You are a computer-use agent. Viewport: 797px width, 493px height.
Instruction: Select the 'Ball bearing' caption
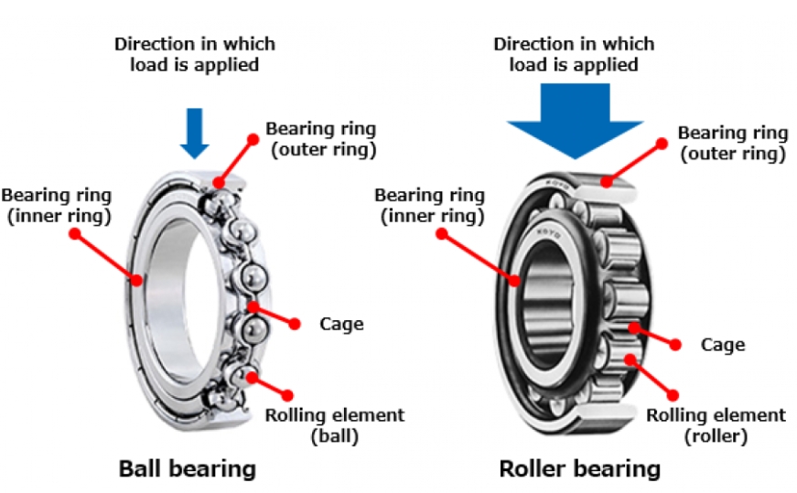click(187, 469)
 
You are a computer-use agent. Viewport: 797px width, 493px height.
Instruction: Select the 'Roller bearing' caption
click(579, 469)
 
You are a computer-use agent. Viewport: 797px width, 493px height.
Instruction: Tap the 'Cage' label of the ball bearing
click(341, 324)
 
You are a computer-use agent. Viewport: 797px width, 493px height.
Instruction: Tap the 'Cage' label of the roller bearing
click(722, 345)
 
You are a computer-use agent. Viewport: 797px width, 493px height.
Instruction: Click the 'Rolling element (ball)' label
click(334, 425)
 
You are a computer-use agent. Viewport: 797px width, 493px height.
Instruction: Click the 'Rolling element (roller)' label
click(716, 425)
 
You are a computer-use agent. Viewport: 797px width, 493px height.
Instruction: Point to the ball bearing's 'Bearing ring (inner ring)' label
click(57, 205)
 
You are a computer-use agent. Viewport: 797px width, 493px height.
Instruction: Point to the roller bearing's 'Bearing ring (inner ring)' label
click(429, 205)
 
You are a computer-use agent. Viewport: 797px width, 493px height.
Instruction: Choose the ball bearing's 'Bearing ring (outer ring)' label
click(320, 138)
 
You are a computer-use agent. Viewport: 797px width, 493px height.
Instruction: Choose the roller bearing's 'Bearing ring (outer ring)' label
click(731, 144)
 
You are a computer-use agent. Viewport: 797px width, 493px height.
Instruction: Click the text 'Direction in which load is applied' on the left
click(194, 54)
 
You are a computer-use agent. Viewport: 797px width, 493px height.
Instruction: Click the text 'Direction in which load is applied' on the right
click(573, 54)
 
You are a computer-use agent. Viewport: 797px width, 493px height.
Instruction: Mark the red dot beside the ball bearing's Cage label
click(295, 323)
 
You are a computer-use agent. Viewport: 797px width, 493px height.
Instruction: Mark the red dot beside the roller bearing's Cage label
click(675, 345)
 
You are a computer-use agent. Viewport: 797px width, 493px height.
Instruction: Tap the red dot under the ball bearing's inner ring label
click(76, 233)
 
